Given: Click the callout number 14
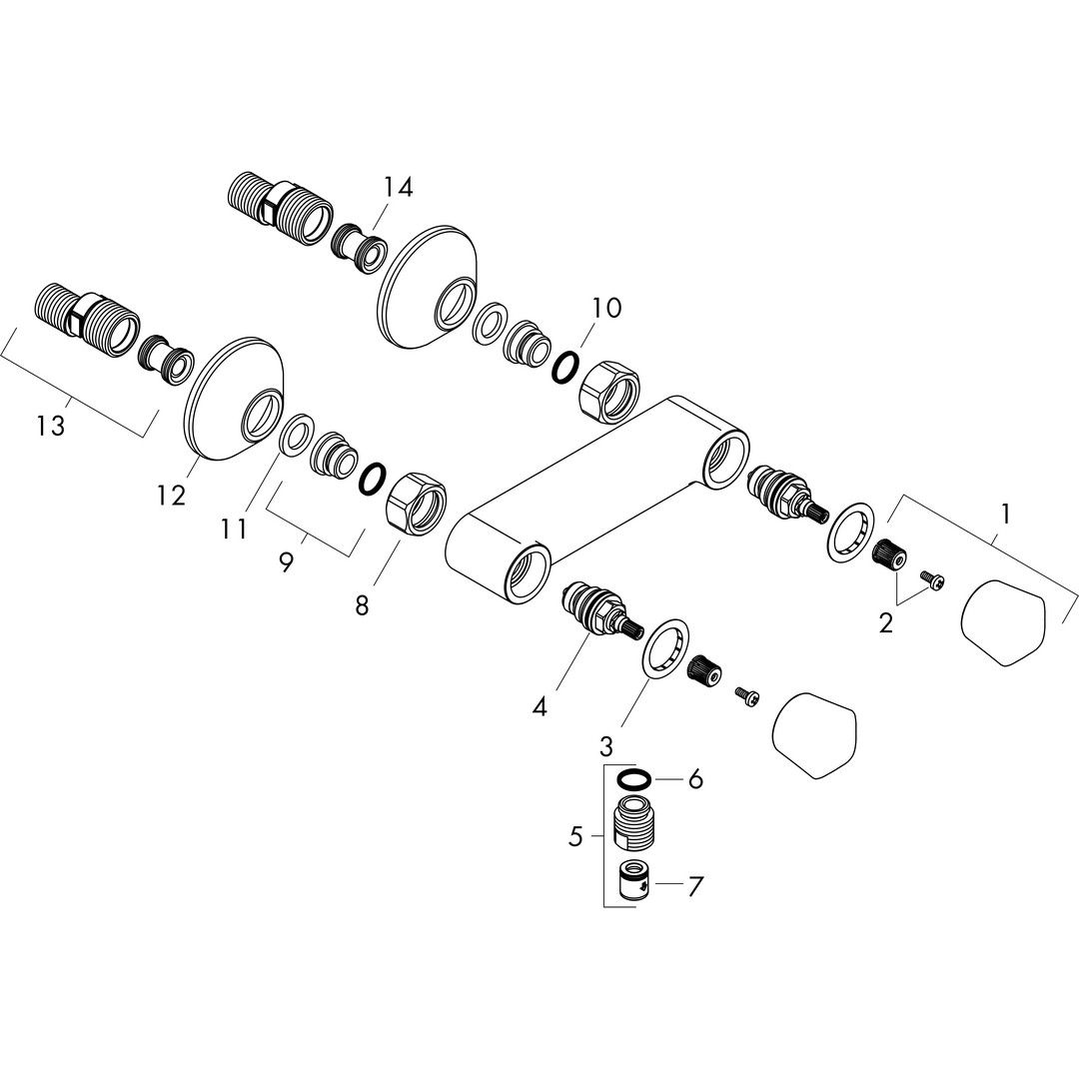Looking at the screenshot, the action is pyautogui.click(x=399, y=187).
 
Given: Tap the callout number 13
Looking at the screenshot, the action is pyautogui.click(x=52, y=426).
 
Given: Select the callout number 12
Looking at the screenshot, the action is pyautogui.click(x=172, y=495).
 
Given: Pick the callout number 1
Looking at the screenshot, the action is pyautogui.click(x=1005, y=514).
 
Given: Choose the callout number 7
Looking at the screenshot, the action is pyautogui.click(x=695, y=887).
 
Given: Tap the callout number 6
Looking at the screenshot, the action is pyautogui.click(x=695, y=779).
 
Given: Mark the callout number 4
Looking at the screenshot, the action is pyautogui.click(x=540, y=706).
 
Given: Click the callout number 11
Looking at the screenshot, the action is pyautogui.click(x=233, y=529).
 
